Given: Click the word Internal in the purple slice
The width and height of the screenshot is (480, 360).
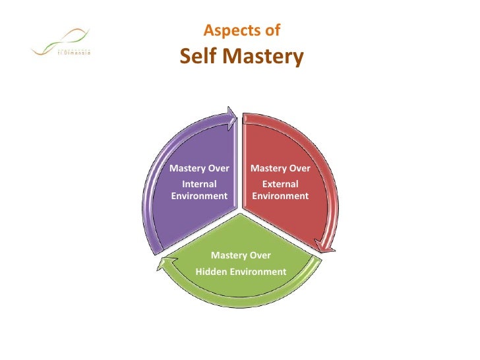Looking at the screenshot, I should [198, 184].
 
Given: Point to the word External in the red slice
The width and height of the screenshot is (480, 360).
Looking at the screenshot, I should [280, 184].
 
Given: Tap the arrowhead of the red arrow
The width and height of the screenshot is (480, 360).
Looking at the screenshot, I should [324, 247].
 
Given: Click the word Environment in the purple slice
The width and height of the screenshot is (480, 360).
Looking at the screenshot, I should [199, 196].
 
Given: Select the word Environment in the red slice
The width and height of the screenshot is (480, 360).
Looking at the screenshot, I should [280, 196].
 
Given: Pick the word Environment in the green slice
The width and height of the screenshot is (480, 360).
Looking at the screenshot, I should [258, 272].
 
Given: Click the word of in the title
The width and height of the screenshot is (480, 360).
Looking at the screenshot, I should [272, 30].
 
